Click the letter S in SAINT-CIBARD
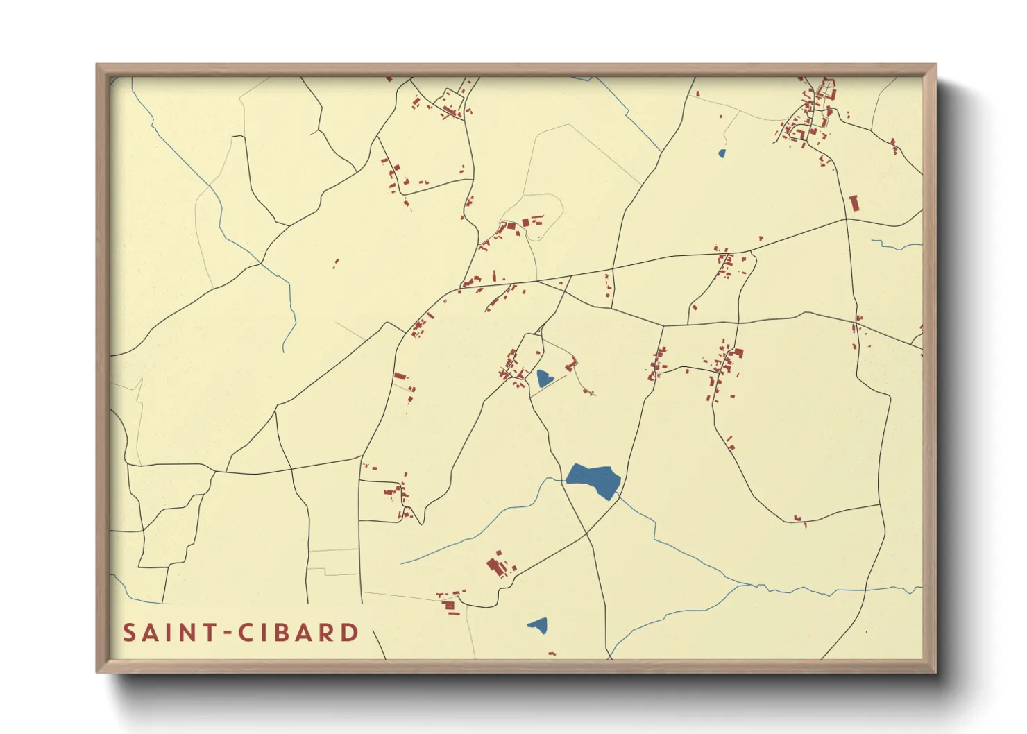(129, 633)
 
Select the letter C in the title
(246, 633)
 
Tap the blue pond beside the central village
(544, 378)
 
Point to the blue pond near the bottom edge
(538, 626)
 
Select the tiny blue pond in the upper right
(722, 153)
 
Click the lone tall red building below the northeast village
(854, 203)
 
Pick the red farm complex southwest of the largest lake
(498, 565)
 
